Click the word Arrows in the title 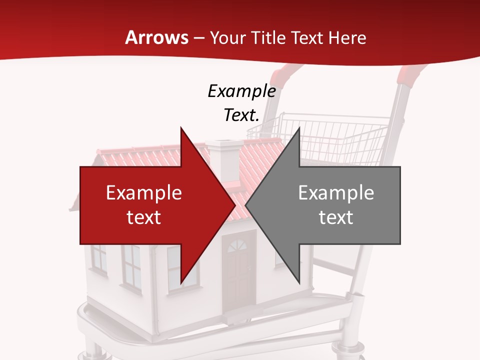(x=157, y=37)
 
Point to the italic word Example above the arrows (x=241, y=91)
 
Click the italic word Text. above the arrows (x=241, y=115)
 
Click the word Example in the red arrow (x=144, y=193)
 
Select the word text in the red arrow (x=144, y=217)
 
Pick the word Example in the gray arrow (x=336, y=193)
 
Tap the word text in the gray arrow (x=336, y=217)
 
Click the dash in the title (x=198, y=38)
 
